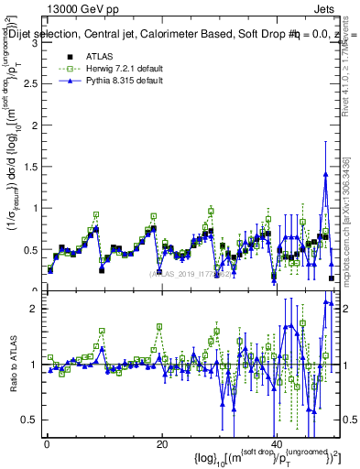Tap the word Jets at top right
tap(325, 8)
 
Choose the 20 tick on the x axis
tap(161, 445)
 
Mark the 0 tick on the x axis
tap(46, 445)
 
